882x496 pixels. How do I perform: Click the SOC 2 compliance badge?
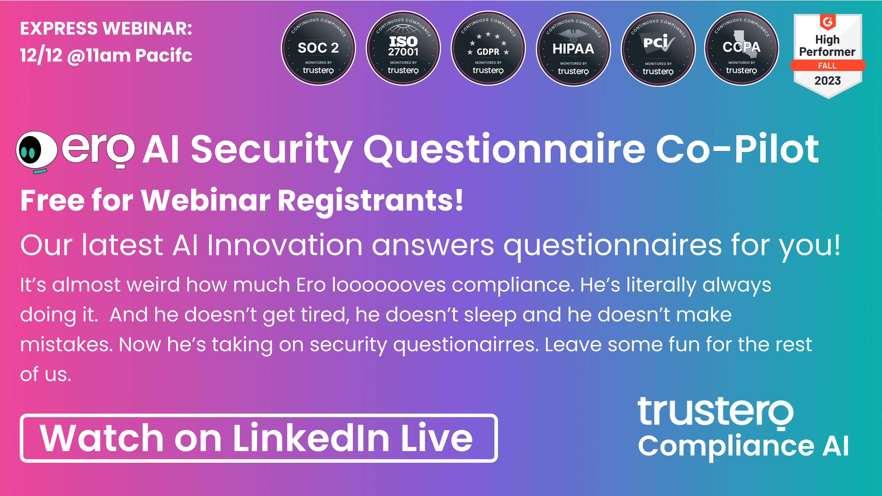coord(318,48)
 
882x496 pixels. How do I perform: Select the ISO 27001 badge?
coord(403,48)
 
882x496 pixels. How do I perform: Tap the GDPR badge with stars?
coord(488,48)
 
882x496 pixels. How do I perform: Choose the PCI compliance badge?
coord(658,49)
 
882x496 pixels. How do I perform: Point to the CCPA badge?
coord(742,48)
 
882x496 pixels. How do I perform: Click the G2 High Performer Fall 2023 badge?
coord(828,56)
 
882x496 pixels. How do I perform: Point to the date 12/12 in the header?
coord(41,55)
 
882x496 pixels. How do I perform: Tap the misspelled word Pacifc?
coord(164,55)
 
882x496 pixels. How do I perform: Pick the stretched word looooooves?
coord(389,285)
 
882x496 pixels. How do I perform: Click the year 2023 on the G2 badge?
coord(828,81)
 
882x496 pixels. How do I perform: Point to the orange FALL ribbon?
coord(828,65)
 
